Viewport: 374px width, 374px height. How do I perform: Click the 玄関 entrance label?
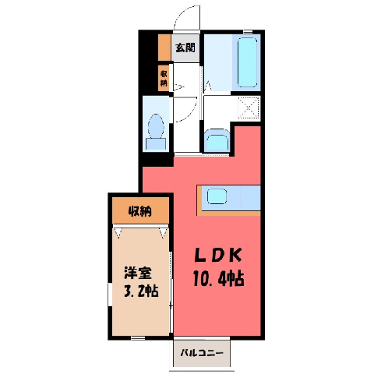(x=185, y=48)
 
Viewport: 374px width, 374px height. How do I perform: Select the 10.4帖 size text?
(x=218, y=278)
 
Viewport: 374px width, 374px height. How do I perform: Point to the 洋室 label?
(x=138, y=273)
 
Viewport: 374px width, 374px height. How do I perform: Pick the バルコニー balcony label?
(x=202, y=353)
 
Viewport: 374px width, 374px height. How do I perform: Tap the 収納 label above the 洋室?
(x=140, y=212)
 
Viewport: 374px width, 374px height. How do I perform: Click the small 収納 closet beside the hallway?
(x=164, y=78)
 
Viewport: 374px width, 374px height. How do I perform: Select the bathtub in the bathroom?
(x=247, y=62)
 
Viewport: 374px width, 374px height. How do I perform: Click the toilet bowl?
(x=156, y=126)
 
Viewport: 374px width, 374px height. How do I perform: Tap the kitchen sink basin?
(x=217, y=196)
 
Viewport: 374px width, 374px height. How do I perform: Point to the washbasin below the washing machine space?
(x=217, y=140)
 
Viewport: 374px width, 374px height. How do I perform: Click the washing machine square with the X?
(x=249, y=108)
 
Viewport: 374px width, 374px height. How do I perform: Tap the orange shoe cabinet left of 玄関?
(x=164, y=48)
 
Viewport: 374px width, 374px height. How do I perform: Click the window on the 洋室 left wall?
(x=110, y=295)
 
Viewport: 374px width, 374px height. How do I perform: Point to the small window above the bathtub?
(x=248, y=32)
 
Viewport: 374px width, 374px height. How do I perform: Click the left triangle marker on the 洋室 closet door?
(x=118, y=233)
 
